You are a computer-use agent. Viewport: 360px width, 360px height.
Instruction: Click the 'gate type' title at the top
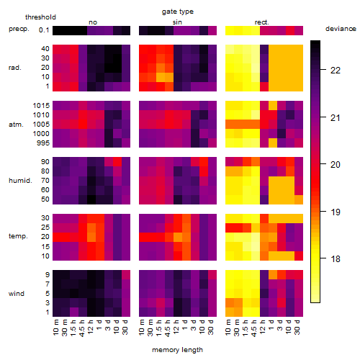[178, 12]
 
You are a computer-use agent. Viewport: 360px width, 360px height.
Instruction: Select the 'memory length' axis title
[177, 350]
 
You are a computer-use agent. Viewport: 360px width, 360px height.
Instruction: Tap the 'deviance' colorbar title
[341, 29]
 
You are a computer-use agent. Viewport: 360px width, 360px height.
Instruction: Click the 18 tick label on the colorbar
[336, 258]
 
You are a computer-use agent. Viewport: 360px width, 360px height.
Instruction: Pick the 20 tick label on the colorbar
[336, 165]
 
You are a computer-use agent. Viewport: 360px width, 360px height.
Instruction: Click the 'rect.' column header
[262, 22]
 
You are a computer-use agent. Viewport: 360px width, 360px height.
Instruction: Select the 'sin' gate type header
[177, 22]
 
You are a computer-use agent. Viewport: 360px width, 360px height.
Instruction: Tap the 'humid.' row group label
[20, 181]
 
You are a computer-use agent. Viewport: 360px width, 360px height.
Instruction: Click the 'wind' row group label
[17, 294]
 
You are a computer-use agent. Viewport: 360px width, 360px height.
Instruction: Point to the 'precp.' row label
[19, 30]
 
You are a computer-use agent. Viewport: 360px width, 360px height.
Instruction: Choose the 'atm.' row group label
[16, 125]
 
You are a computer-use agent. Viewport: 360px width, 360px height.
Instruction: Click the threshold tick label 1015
[41, 106]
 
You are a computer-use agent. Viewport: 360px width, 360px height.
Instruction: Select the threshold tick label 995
[43, 143]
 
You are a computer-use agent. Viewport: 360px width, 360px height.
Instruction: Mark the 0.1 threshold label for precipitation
[44, 30]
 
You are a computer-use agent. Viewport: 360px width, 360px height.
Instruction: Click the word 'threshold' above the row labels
[40, 17]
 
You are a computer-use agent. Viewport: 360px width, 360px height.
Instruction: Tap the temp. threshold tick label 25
[45, 228]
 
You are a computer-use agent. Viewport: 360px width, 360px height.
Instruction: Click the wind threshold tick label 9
[48, 275]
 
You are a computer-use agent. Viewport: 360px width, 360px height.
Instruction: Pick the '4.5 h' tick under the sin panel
[168, 328]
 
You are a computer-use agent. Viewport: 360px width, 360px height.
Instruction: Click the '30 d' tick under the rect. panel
[297, 328]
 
